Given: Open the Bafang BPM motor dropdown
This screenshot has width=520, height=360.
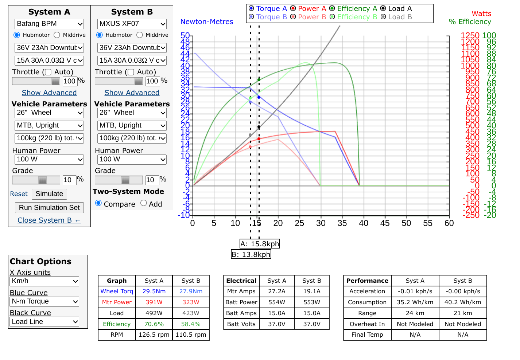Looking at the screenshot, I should (x=50, y=24).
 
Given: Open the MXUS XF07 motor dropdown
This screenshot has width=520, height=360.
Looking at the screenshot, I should (x=132, y=24).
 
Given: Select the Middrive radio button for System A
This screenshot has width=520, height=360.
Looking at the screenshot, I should (x=57, y=35).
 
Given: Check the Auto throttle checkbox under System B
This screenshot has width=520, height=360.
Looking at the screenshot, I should (x=131, y=72).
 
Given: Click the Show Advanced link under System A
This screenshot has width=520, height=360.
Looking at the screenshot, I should (x=49, y=93).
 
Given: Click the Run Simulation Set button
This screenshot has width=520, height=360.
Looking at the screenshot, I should (x=49, y=208).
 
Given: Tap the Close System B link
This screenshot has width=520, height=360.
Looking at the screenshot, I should (x=49, y=220).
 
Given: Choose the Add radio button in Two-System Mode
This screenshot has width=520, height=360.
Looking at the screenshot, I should (x=144, y=203).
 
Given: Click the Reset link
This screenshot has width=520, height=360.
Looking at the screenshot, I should (x=19, y=194).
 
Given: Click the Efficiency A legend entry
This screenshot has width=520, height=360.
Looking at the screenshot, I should (x=353, y=8).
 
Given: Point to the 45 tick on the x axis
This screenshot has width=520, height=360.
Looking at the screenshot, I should (x=385, y=223).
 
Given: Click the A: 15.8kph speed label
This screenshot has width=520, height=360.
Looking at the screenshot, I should (x=260, y=244).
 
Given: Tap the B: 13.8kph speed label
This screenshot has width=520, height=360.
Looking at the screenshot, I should (x=251, y=254).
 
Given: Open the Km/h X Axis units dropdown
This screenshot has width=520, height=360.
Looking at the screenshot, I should (x=44, y=281).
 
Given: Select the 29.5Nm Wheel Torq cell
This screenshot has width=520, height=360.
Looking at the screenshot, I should (x=154, y=291).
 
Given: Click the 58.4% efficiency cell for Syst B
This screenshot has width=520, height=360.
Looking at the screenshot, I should (x=191, y=324).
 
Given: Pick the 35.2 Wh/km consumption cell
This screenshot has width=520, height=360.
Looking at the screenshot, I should (x=415, y=302).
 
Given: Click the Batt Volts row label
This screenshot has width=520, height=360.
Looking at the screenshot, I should (x=241, y=324).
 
